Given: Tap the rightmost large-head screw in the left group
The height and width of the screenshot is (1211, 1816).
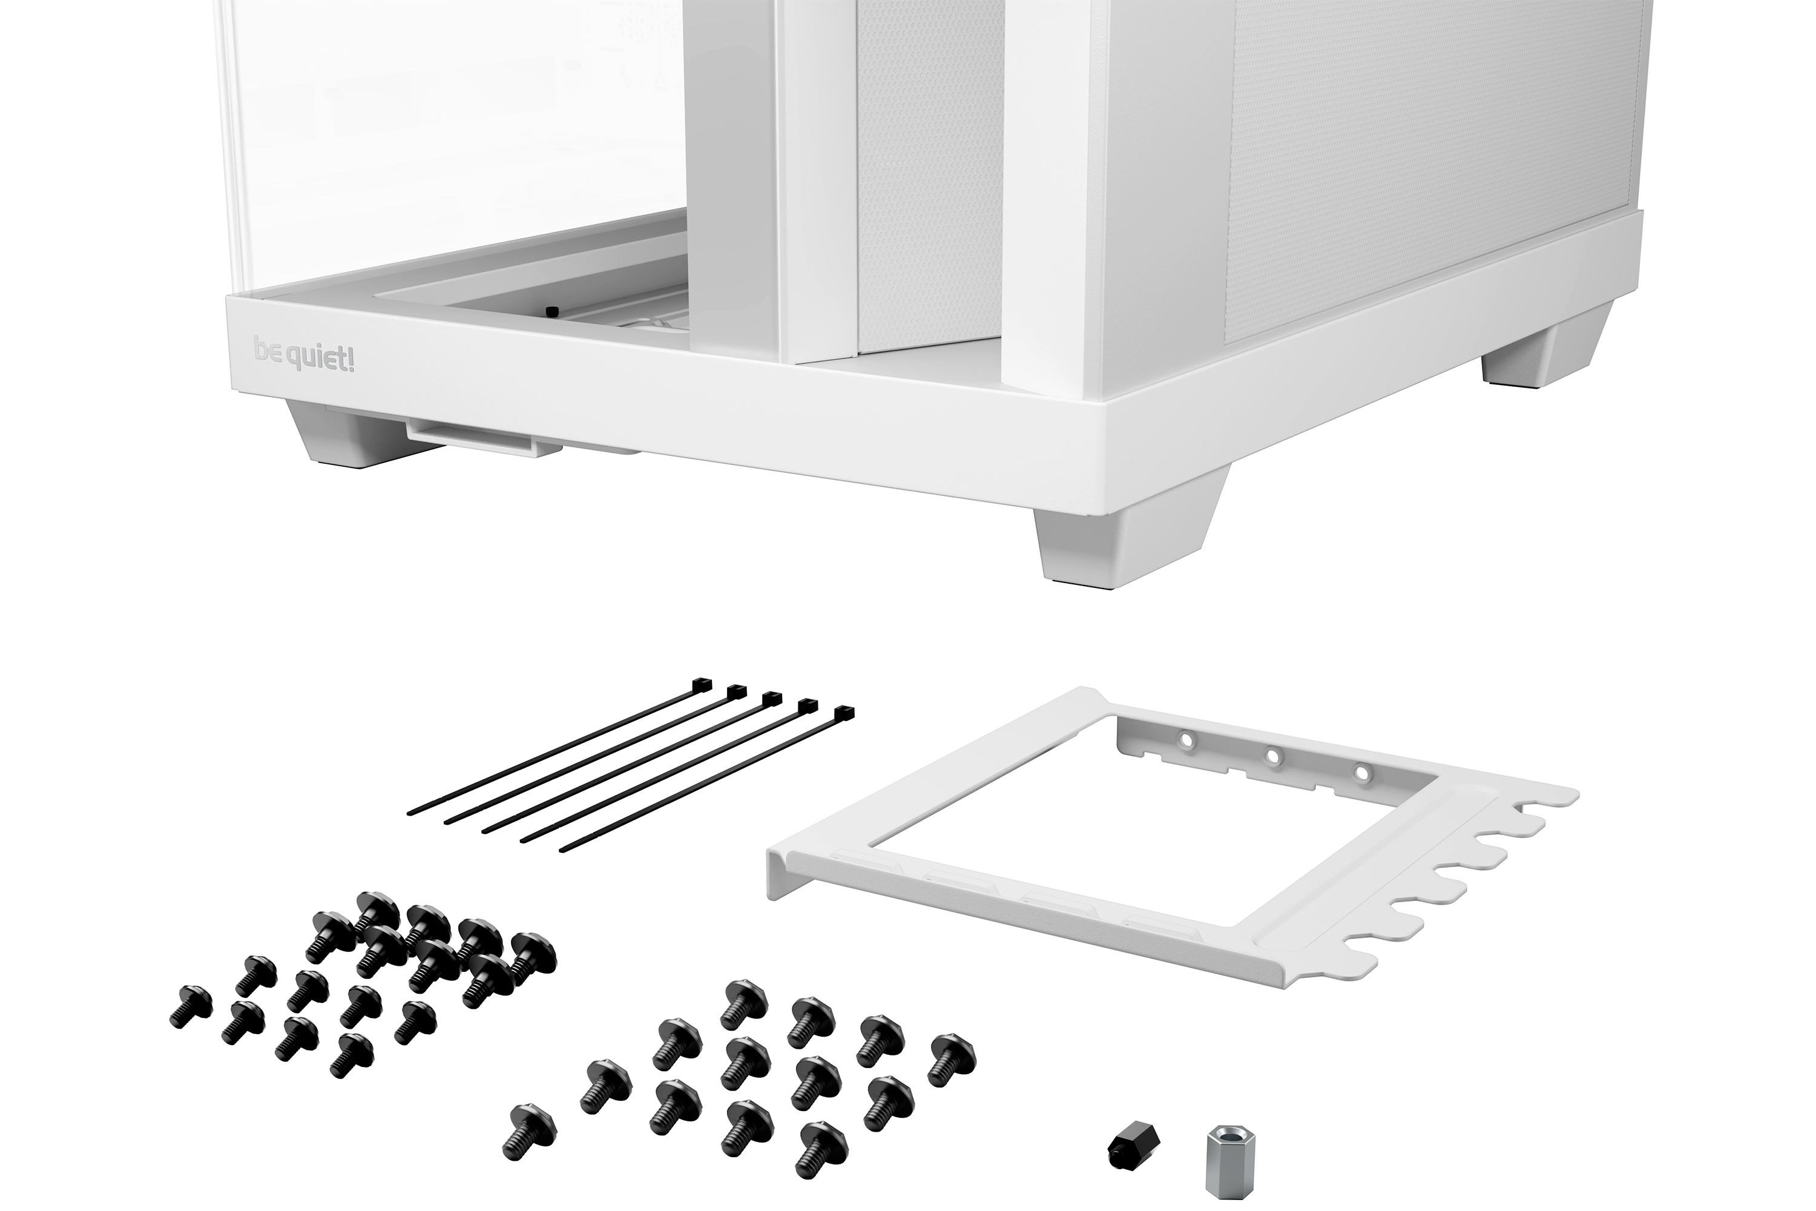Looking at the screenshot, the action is click(x=532, y=959).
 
